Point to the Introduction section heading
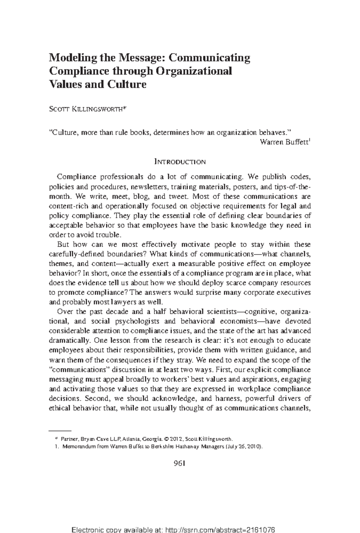click(x=180, y=162)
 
